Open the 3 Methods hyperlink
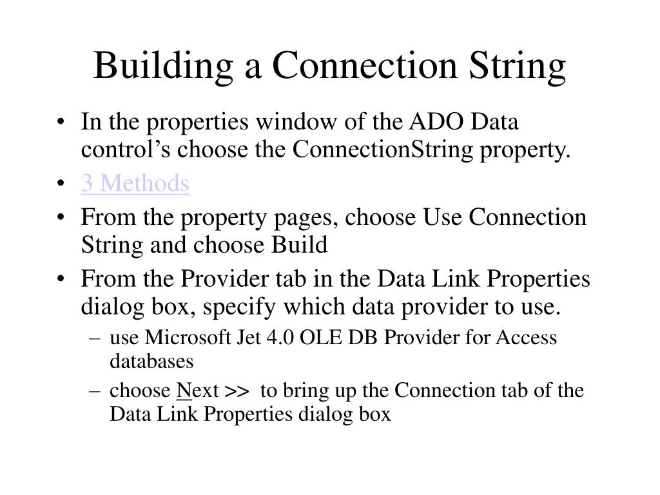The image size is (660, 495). click(135, 184)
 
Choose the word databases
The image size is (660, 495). click(151, 361)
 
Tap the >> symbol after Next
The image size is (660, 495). click(237, 391)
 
